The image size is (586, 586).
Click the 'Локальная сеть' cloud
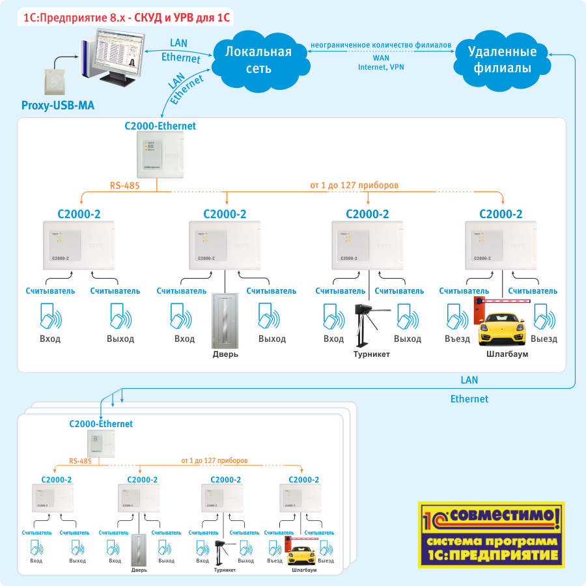257,60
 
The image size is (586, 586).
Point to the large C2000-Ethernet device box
160,155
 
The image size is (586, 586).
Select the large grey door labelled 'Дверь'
225,322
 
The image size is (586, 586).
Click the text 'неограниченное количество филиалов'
381,45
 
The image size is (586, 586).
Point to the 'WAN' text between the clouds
381,57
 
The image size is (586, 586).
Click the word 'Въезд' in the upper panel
457,339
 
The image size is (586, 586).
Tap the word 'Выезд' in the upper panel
544,339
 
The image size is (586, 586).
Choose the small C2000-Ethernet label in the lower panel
101,424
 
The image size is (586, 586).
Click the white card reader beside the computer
56,82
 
